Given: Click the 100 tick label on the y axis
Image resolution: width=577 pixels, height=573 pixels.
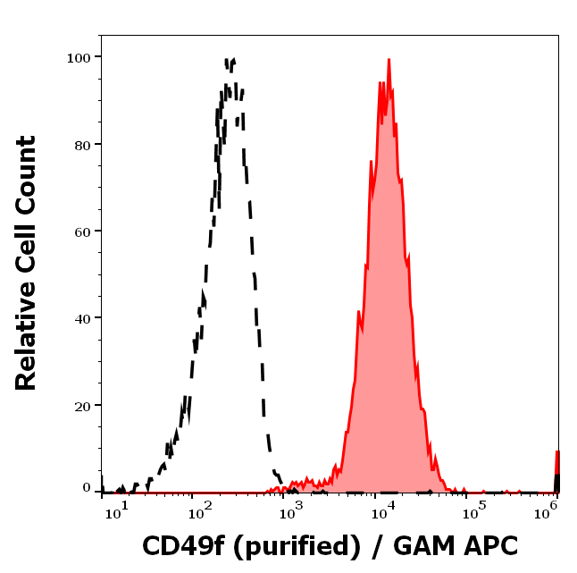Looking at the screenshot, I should [80, 57].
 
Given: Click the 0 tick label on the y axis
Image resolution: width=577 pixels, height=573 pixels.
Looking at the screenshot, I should [88, 488].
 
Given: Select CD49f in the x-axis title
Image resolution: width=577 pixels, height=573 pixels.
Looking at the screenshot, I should [185, 545].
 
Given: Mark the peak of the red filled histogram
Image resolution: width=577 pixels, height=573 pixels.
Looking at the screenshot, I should [389, 60].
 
